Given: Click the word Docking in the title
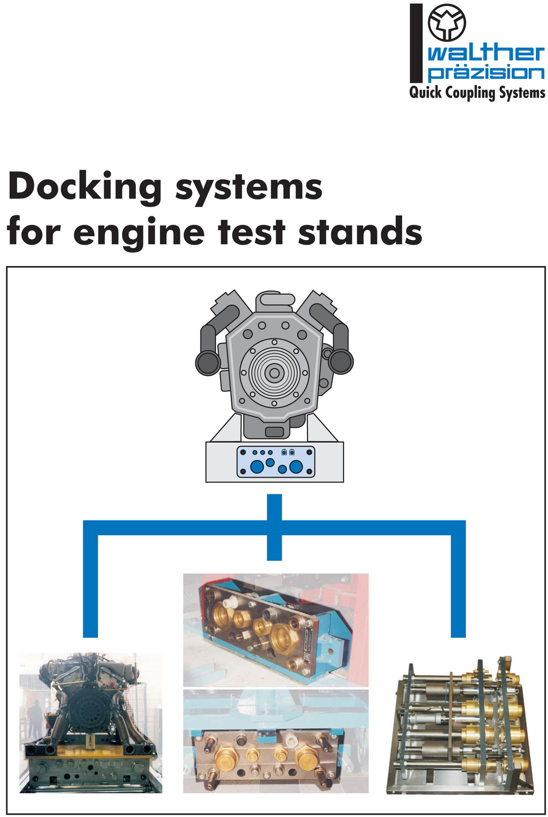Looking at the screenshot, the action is coord(84,187).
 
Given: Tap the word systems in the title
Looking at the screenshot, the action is coord(249,187).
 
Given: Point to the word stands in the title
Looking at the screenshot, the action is coord(360,230).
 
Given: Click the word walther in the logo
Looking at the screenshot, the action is coord(486,54).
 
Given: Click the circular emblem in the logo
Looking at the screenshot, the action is coord(447,22).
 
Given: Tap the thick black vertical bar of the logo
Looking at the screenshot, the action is coord(416,43).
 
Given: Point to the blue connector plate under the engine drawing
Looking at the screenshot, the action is coord(276,462).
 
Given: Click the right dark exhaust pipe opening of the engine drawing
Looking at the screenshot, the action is coord(340,361).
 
